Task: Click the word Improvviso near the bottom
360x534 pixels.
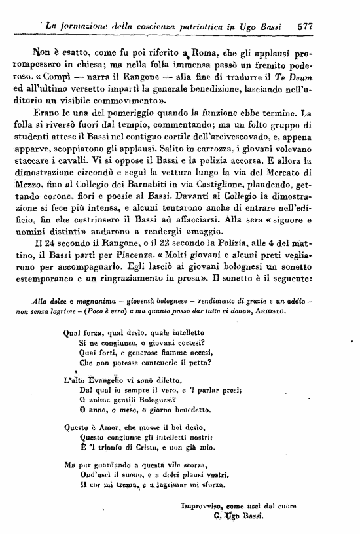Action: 202,505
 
